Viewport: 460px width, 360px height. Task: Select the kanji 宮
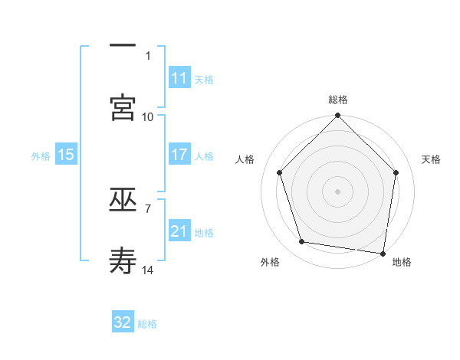[123, 107]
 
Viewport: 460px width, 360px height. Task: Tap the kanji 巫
[123, 201]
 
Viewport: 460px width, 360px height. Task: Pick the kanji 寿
[123, 260]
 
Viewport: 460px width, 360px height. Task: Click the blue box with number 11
[179, 78]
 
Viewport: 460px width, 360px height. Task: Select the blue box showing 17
[179, 154]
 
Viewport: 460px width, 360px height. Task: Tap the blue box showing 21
[179, 231]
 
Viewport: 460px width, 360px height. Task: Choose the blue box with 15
[66, 155]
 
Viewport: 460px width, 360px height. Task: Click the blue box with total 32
[123, 322]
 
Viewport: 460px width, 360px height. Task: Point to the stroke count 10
[148, 116]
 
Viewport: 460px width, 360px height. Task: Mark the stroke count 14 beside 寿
[148, 270]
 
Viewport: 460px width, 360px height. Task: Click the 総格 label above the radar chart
[338, 100]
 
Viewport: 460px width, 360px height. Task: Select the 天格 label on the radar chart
[431, 159]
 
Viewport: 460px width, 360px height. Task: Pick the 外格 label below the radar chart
[270, 262]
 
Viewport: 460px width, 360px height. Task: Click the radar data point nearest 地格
[383, 253]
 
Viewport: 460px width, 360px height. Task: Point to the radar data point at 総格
[338, 116]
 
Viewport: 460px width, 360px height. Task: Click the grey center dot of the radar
[338, 191]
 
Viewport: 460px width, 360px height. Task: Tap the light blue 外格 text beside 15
[41, 155]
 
